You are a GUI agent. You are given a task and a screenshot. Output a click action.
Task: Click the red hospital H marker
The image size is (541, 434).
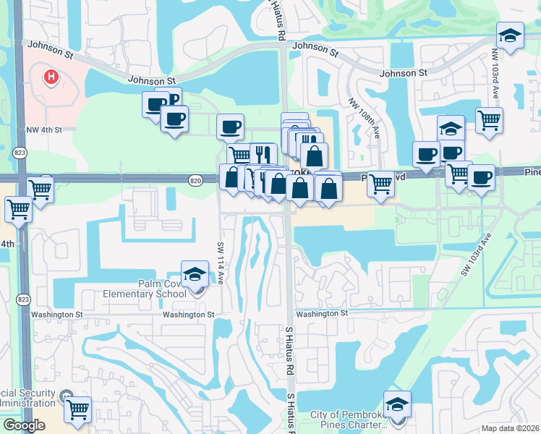[51, 76]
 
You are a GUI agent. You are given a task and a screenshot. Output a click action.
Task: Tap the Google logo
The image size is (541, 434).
[24, 425]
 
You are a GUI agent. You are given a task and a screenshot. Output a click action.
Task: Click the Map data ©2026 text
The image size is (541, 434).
[511, 428]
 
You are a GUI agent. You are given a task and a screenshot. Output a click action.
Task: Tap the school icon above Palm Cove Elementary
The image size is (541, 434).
[194, 275]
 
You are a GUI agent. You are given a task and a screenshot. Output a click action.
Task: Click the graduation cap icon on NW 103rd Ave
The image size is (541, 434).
[510, 36]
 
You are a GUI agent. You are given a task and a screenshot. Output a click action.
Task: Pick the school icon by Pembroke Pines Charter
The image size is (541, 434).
[397, 404]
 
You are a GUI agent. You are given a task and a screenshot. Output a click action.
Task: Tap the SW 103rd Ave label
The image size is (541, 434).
[476, 255]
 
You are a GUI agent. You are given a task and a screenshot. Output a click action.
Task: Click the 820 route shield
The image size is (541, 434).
[195, 179]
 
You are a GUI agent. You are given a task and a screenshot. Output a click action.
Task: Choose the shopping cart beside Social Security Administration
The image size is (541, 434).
[77, 409]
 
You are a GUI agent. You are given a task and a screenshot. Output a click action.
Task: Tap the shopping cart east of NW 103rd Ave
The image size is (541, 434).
[490, 120]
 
